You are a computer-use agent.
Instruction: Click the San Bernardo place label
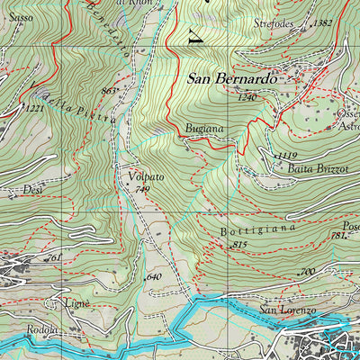(x=230, y=79)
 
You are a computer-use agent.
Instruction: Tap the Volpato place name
(x=145, y=177)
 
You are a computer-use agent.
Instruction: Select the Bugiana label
(x=204, y=130)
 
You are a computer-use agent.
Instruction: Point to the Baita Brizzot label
(x=318, y=167)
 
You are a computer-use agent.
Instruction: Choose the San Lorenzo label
(x=288, y=310)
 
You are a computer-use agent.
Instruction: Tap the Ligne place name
(x=77, y=304)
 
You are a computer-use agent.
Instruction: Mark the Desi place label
(x=33, y=191)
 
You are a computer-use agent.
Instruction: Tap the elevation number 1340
(x=247, y=96)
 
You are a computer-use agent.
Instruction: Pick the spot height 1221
(x=33, y=109)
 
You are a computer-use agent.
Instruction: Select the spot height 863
(x=110, y=91)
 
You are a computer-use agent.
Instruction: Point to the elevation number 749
(x=140, y=190)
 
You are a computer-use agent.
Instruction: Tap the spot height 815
(x=238, y=245)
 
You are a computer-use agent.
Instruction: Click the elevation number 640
(x=153, y=276)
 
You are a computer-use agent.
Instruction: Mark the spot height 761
(x=54, y=258)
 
